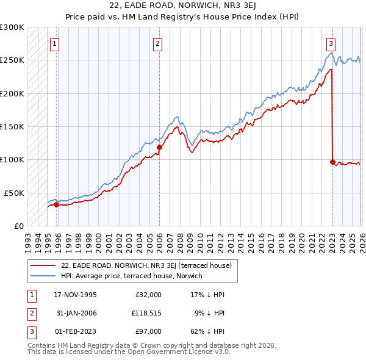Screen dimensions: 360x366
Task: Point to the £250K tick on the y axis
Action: point(12,60)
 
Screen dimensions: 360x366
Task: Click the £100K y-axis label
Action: point(12,159)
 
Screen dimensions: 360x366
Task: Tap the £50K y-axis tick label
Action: point(14,192)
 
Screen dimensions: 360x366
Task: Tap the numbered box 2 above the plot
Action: point(158,43)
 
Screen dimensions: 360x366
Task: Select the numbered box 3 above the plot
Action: point(331,43)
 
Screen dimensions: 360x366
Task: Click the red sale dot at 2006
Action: point(159,147)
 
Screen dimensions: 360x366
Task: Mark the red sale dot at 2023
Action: point(332,162)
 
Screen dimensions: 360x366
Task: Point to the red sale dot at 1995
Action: point(57,204)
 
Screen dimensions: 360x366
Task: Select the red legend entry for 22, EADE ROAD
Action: point(146,265)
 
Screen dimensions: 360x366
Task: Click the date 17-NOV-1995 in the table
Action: point(75,295)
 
